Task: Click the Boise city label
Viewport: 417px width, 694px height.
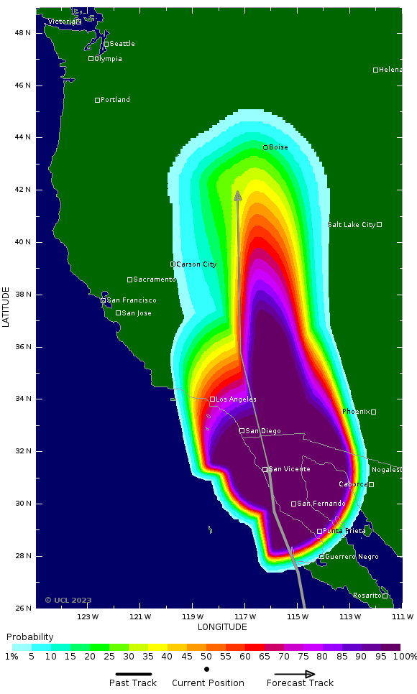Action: [278, 147]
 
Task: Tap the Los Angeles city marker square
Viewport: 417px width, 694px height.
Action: [212, 399]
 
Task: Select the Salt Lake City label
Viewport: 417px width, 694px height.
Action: [352, 225]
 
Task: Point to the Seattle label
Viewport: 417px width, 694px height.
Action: [122, 44]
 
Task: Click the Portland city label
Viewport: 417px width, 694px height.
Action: [115, 100]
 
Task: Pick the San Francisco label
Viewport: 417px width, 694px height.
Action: [132, 300]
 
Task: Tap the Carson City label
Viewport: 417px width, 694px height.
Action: [196, 264]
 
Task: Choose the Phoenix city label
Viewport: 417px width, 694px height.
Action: [356, 412]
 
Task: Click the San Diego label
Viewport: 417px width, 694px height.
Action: [263, 431]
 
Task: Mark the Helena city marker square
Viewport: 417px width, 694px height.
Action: [375, 70]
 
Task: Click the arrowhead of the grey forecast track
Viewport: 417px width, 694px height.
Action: [238, 195]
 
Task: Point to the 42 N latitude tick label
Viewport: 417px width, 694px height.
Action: [24, 190]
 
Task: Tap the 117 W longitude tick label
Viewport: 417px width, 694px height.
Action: [245, 616]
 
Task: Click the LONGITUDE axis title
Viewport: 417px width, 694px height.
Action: [222, 627]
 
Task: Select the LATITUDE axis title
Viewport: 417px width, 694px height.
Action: [6, 307]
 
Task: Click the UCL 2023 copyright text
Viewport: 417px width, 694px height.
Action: [68, 600]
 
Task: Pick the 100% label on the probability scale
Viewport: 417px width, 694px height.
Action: [405, 657]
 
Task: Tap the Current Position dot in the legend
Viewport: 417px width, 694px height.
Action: [207, 669]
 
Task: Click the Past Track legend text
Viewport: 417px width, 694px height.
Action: [133, 683]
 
